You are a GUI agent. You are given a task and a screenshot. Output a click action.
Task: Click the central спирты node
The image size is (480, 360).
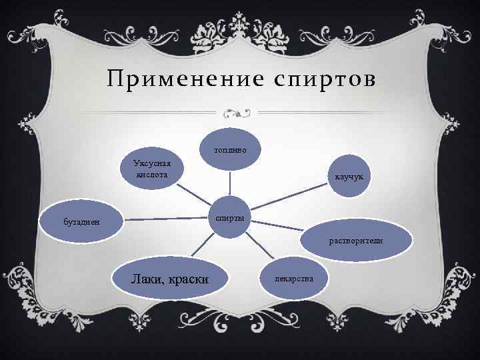point(230,219)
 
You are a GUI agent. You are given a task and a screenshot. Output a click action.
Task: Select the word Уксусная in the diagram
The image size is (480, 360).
point(152,164)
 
